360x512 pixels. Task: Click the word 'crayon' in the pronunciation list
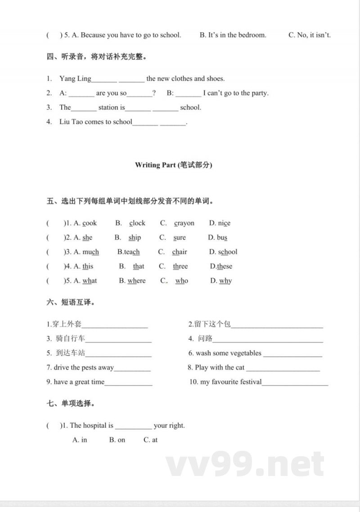click(184, 223)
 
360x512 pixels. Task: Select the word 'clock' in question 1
click(137, 223)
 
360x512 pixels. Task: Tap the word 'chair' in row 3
click(180, 252)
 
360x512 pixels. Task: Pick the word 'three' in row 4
click(180, 267)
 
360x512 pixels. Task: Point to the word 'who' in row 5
click(182, 281)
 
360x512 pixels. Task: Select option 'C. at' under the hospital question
click(150, 440)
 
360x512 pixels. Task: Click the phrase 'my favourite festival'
click(231, 382)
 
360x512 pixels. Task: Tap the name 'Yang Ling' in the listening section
click(75, 79)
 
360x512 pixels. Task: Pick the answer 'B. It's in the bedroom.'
click(233, 35)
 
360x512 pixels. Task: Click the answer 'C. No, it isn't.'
click(309, 35)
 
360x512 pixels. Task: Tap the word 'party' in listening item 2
click(257, 93)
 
